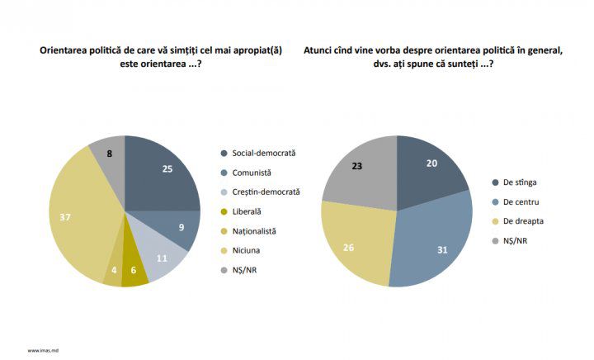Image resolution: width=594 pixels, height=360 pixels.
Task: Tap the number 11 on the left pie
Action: tap(162, 258)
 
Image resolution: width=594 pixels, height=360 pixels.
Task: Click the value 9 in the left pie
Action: tap(181, 227)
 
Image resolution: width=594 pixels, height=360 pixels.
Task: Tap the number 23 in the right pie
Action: tap(357, 166)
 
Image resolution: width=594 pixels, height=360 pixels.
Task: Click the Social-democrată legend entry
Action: tap(258, 153)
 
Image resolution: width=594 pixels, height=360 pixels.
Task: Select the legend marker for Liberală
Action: tap(224, 212)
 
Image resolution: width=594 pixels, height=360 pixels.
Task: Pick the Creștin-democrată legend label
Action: tap(266, 192)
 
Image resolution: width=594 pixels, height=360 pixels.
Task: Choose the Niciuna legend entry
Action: tap(240, 250)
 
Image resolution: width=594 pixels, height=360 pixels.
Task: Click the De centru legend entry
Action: tap(515, 202)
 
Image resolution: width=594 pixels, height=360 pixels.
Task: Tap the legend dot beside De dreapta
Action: tap(495, 221)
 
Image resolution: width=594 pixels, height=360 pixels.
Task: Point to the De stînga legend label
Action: tap(520, 182)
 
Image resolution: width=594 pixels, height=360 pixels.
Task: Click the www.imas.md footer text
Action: tap(43, 351)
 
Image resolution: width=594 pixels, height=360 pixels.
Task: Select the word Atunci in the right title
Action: tap(316, 50)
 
